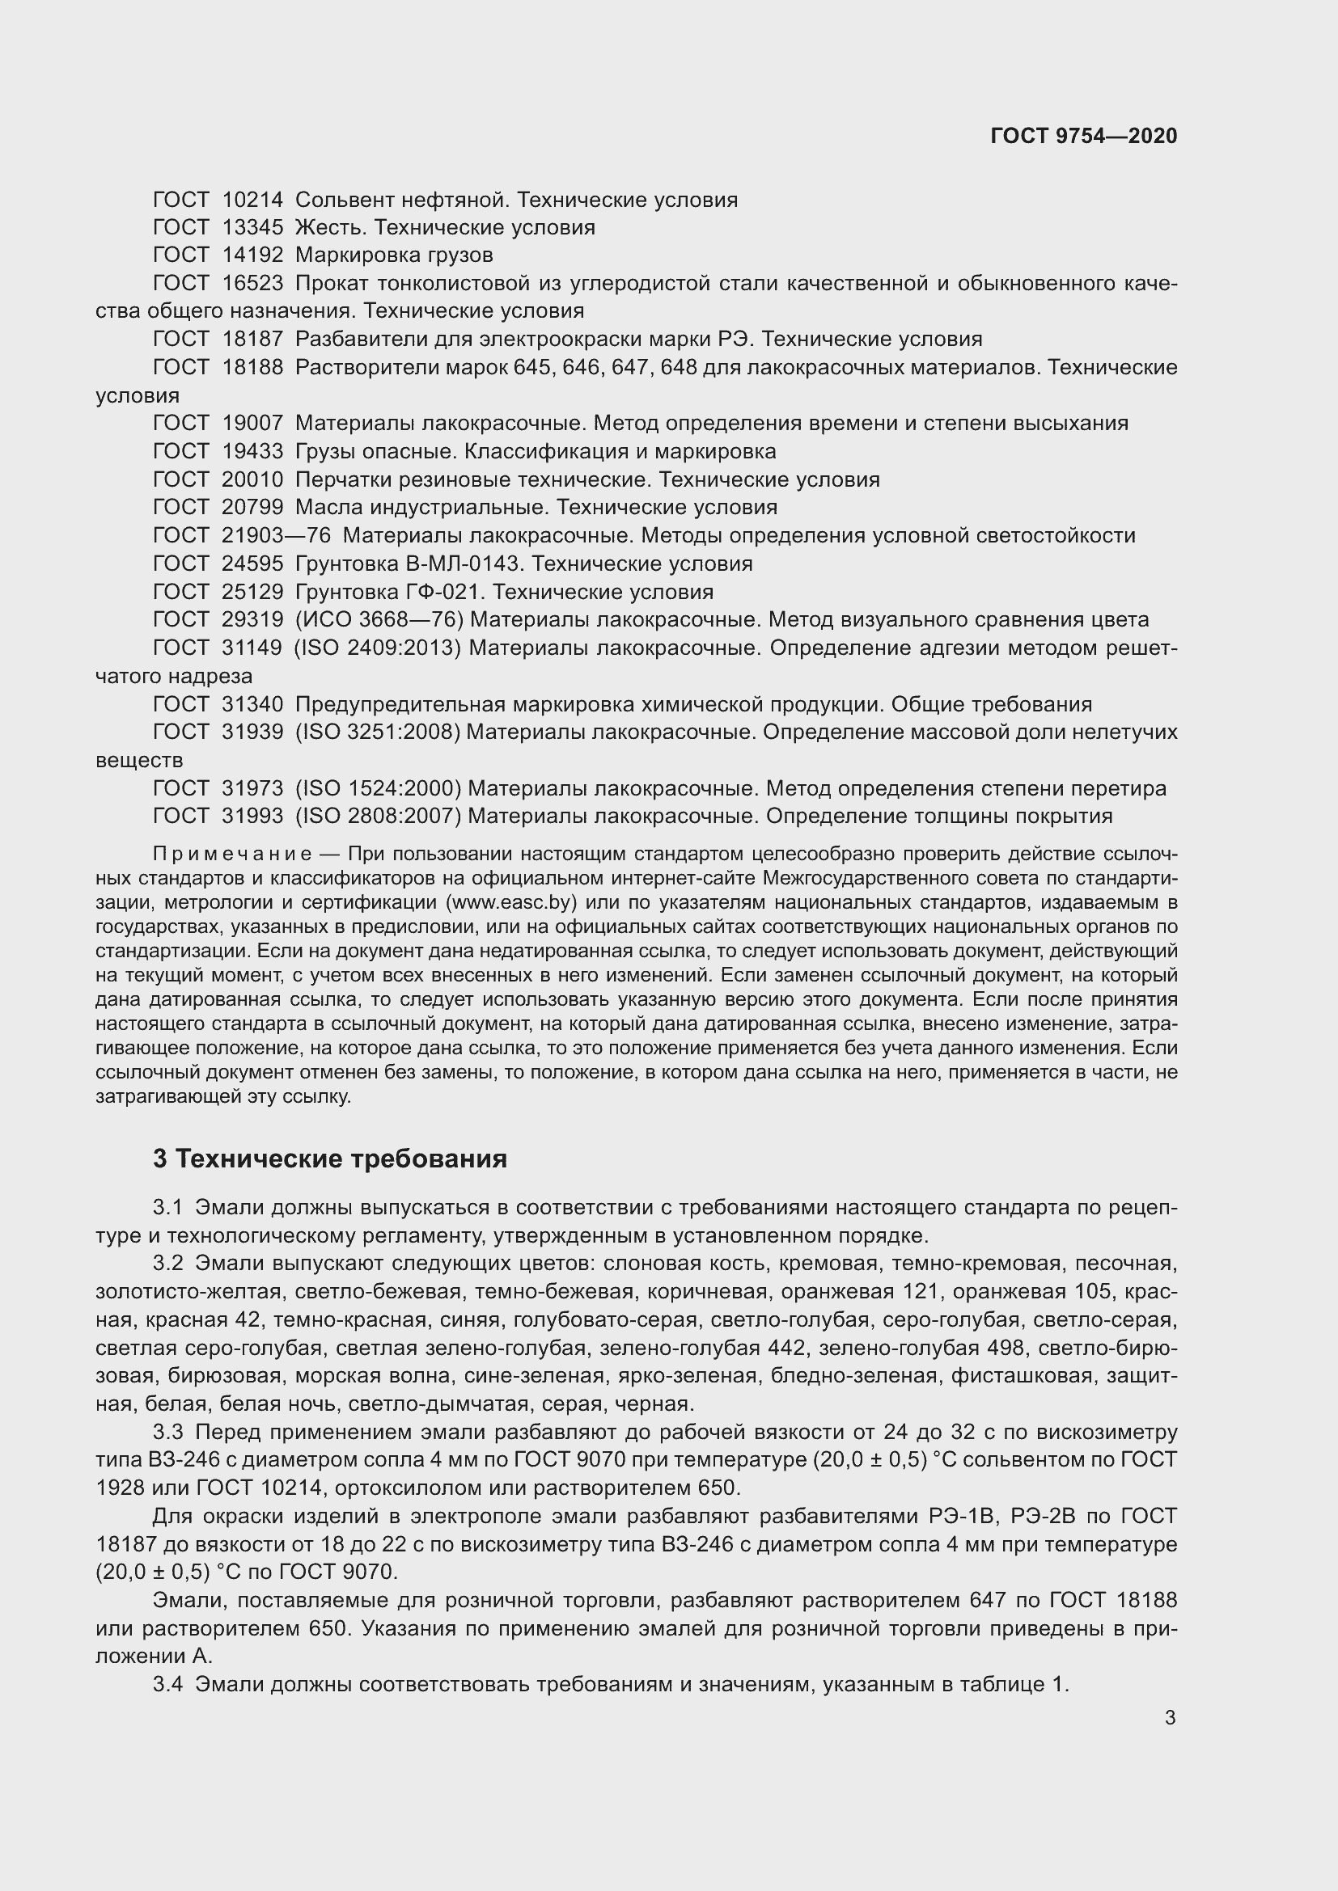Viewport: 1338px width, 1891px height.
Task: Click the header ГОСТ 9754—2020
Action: [x=1083, y=136]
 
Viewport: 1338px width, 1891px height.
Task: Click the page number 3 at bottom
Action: [x=1170, y=1718]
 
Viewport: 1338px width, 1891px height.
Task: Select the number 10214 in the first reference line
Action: [x=252, y=200]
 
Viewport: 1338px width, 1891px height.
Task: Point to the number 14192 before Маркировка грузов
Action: [x=252, y=255]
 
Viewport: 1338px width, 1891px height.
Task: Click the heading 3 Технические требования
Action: [x=329, y=1158]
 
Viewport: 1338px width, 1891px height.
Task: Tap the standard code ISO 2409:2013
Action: [x=378, y=648]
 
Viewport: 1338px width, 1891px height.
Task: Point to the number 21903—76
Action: [x=276, y=536]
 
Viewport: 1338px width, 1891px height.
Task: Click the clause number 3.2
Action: [x=167, y=1264]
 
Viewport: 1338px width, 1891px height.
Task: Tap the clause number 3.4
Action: [x=167, y=1684]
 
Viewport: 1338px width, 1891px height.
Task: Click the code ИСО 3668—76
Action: [x=380, y=620]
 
